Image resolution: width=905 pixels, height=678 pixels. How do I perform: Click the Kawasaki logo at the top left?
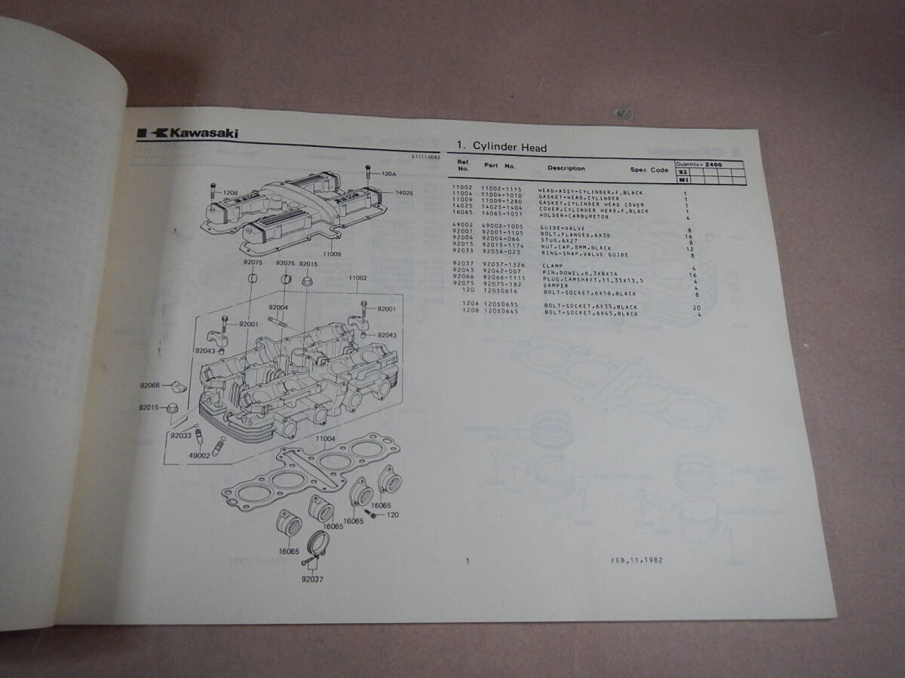coord(188,133)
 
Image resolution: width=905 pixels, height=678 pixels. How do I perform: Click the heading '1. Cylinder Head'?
coord(502,148)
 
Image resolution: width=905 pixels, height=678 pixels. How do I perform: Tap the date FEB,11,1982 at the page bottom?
coord(637,560)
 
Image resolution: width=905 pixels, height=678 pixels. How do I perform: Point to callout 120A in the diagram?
coord(388,174)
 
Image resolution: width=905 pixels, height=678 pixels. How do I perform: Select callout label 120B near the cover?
coord(230,192)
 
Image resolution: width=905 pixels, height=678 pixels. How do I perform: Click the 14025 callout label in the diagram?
coord(405,193)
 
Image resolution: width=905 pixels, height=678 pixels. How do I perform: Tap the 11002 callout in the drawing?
coord(357,278)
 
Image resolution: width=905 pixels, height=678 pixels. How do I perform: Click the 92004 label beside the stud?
coord(278,307)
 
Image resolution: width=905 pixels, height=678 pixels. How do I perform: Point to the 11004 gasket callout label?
coord(325,438)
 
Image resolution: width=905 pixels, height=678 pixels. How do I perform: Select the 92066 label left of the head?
coord(149,385)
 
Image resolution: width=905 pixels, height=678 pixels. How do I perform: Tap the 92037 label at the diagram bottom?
coord(311,579)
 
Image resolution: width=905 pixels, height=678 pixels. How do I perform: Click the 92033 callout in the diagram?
coord(180,435)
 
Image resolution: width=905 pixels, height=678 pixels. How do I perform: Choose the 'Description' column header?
coord(566,169)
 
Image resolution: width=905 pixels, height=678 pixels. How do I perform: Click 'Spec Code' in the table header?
coord(649,170)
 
